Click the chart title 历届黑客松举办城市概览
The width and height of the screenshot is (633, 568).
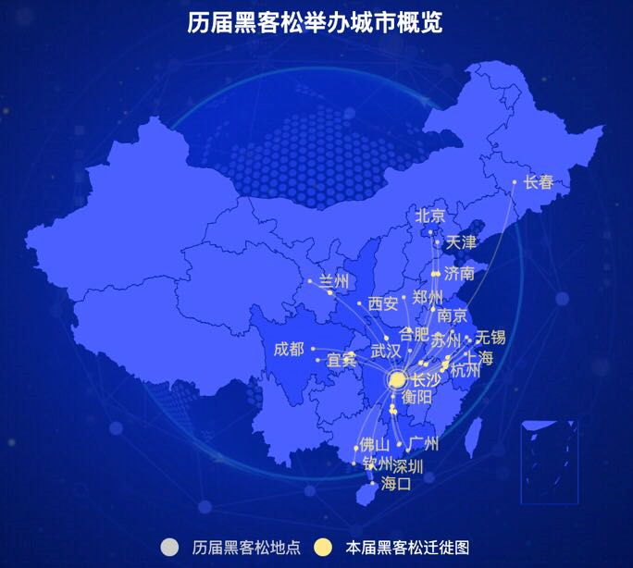316,23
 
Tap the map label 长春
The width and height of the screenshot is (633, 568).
539,182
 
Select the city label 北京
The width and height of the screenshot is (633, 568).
430,216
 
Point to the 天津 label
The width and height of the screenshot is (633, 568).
461,243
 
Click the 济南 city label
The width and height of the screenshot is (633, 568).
459,274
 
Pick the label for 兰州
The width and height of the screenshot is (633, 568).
334,280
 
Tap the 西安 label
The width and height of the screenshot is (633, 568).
383,303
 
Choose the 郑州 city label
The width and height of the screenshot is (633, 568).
428,298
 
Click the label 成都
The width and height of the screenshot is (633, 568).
289,349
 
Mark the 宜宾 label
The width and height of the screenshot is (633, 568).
341,360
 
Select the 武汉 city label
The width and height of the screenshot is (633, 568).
386,352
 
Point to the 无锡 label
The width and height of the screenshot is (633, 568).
490,337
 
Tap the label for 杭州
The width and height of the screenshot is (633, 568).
465,372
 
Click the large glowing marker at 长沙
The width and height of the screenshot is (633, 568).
397,379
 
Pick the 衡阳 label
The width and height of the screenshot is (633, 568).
417,398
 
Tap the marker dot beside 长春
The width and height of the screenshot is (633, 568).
515,182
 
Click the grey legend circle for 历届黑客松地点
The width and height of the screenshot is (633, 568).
169,548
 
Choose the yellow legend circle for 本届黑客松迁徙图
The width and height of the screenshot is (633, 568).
323,548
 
